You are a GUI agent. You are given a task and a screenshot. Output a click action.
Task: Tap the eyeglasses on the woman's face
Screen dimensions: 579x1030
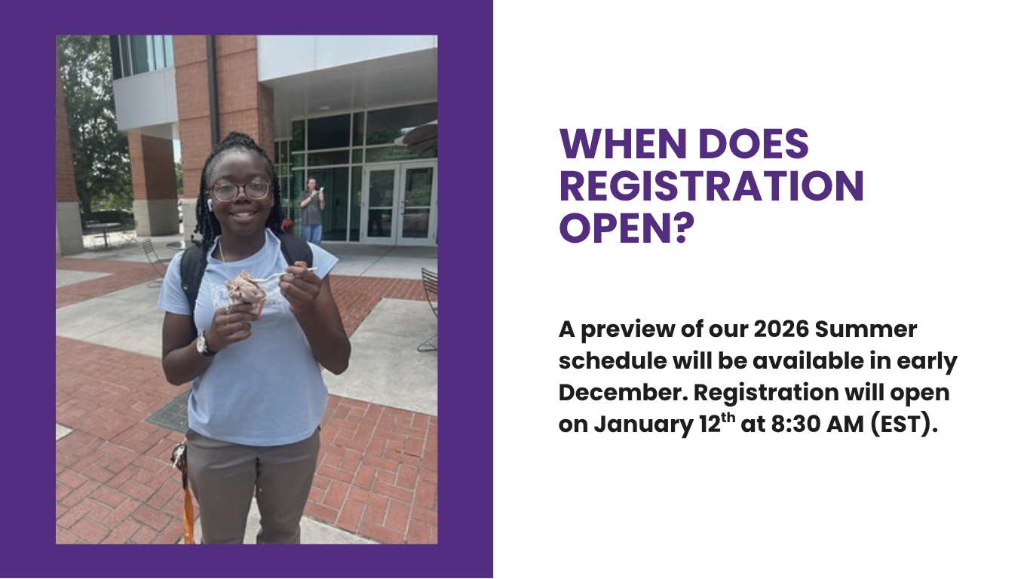241,191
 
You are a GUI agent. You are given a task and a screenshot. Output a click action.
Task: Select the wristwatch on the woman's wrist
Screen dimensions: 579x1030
204,344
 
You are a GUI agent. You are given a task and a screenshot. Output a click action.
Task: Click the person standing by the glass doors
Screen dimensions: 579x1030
311,210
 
